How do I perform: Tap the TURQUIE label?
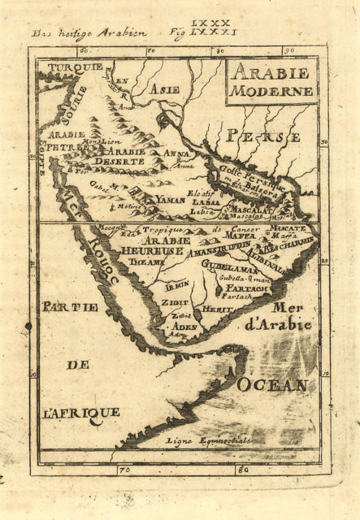point(74,67)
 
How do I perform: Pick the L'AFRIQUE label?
point(81,412)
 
